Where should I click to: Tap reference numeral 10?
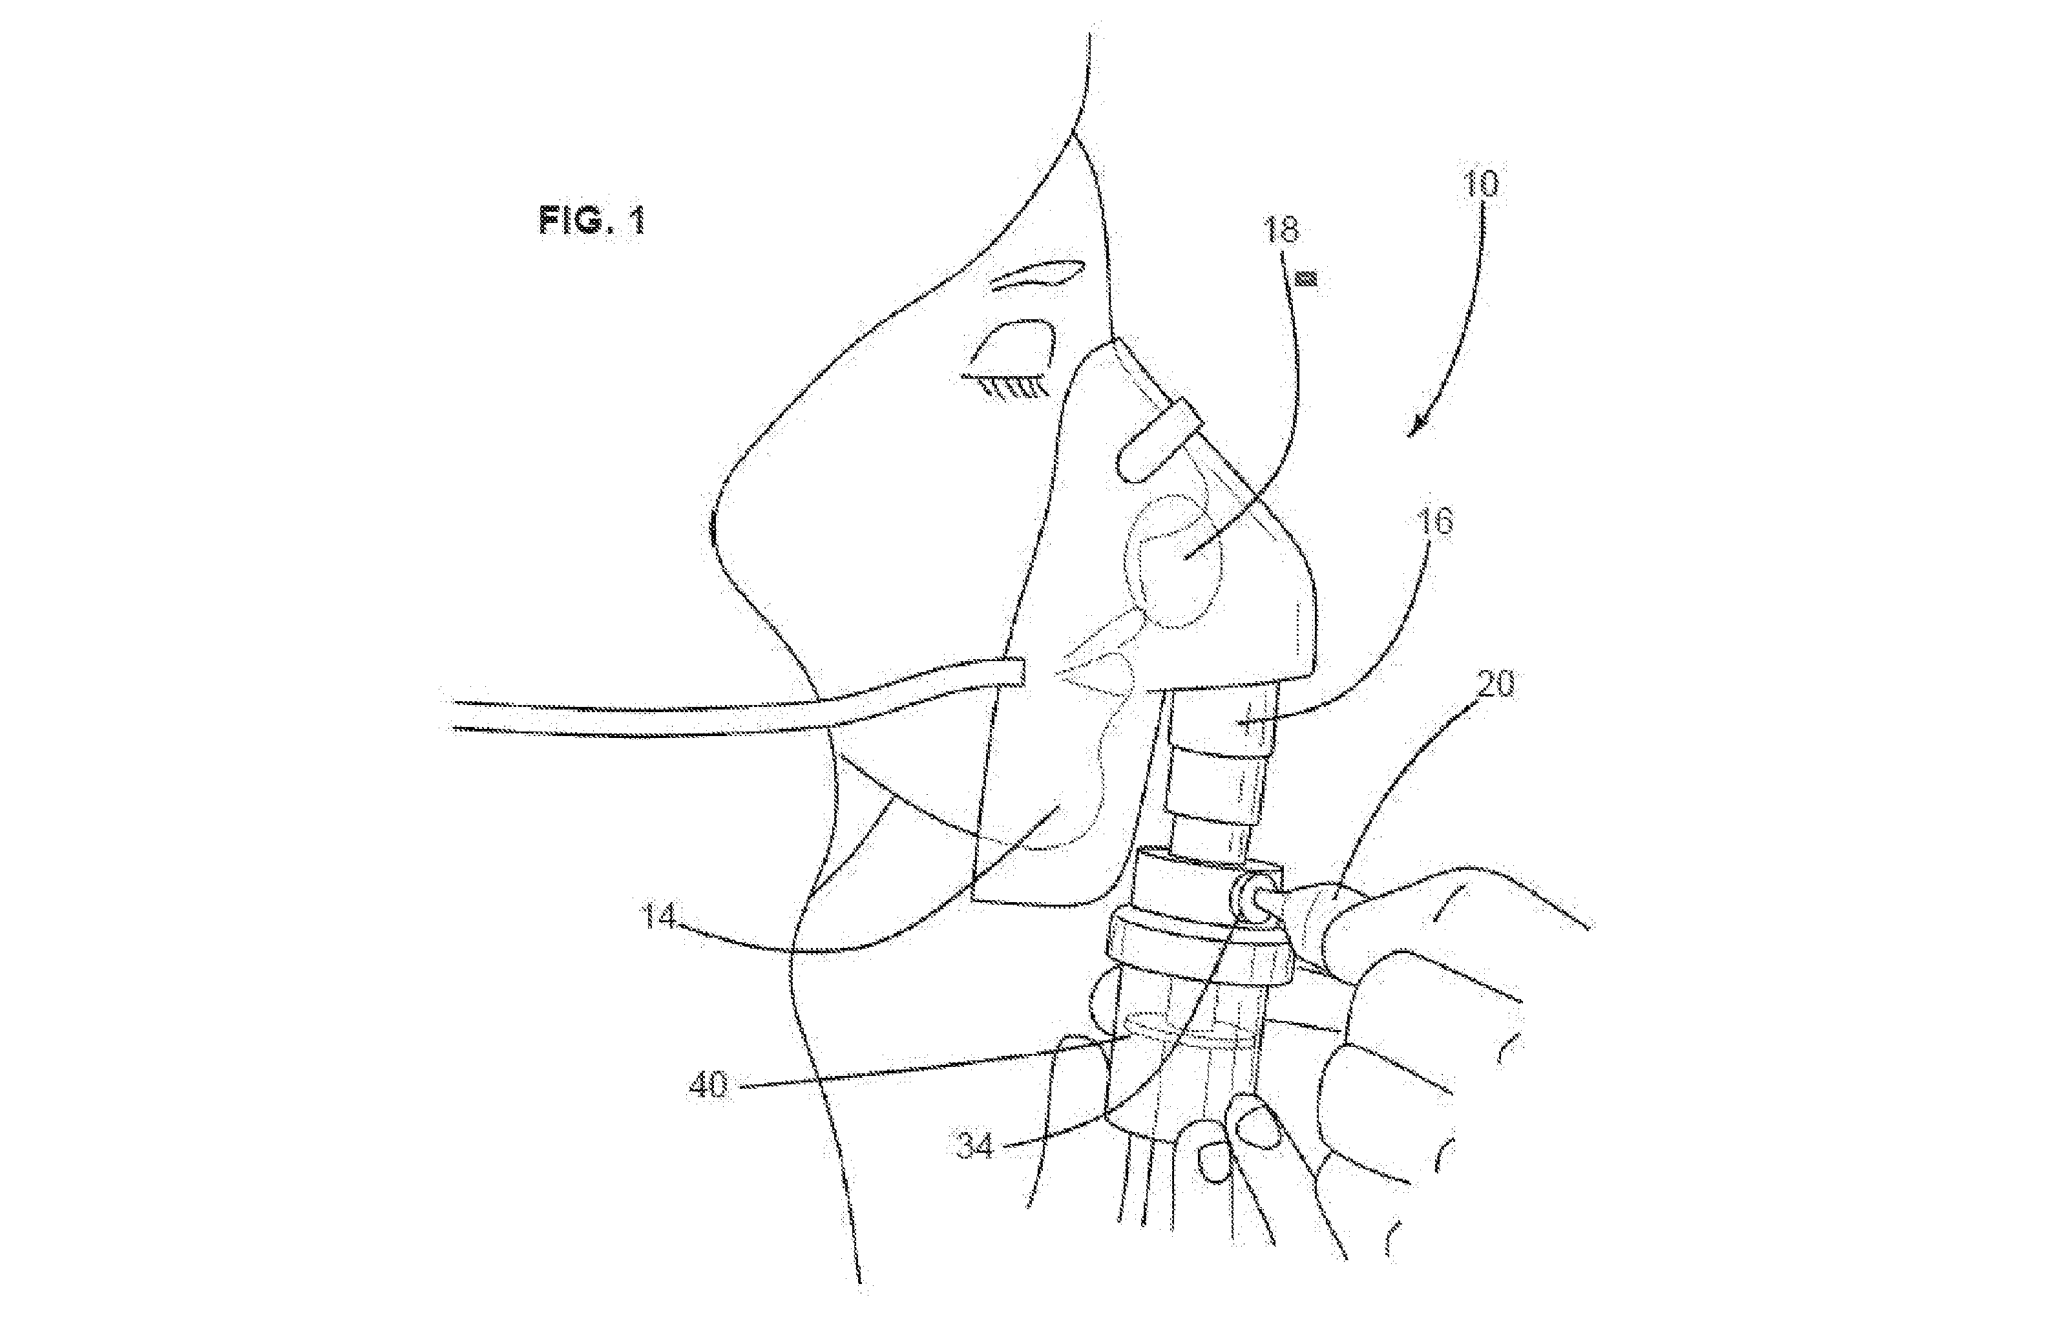pyautogui.click(x=1480, y=185)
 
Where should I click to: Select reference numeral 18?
pyautogui.click(x=1282, y=230)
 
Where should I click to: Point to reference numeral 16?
pyautogui.click(x=1436, y=523)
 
